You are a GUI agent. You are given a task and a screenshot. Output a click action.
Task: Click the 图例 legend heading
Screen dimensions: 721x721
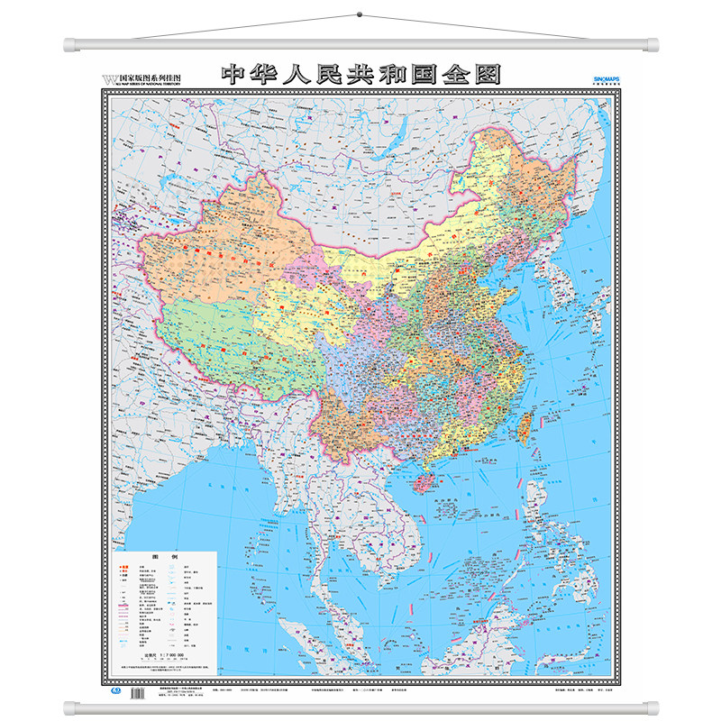166,558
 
